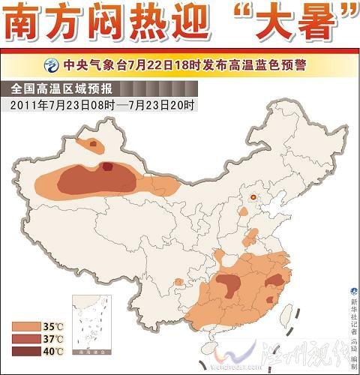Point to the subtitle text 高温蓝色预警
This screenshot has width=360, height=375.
(x=260, y=64)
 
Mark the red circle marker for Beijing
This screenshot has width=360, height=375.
(x=253, y=198)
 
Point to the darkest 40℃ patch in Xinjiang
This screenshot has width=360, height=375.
(x=109, y=167)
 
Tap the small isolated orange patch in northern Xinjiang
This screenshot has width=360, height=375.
(x=93, y=143)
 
